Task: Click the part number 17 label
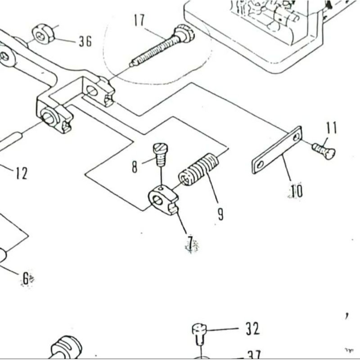click(x=139, y=20)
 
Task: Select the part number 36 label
click(x=85, y=41)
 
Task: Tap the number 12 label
click(x=21, y=173)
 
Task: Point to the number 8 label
click(x=135, y=167)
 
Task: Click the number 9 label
click(x=220, y=213)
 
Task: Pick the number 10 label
click(x=296, y=191)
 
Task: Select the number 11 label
click(x=332, y=128)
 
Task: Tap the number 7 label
click(x=192, y=244)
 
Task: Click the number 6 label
click(x=27, y=279)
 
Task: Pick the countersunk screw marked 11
click(x=324, y=150)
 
